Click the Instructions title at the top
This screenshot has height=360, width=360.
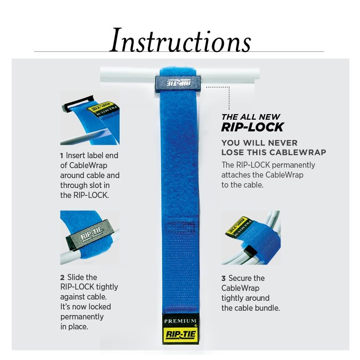click(180, 41)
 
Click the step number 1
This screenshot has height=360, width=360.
click(62, 155)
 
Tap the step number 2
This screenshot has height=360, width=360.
click(62, 277)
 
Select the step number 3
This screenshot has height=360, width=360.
click(223, 278)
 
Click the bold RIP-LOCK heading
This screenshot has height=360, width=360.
click(252, 127)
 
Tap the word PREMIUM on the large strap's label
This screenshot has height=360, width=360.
click(180, 321)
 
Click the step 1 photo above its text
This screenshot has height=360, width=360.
click(89, 118)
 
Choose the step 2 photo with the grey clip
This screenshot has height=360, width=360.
click(89, 237)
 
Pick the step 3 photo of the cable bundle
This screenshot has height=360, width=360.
click(251, 237)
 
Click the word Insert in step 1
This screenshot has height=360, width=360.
click(76, 155)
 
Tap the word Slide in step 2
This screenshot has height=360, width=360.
click(75, 277)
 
